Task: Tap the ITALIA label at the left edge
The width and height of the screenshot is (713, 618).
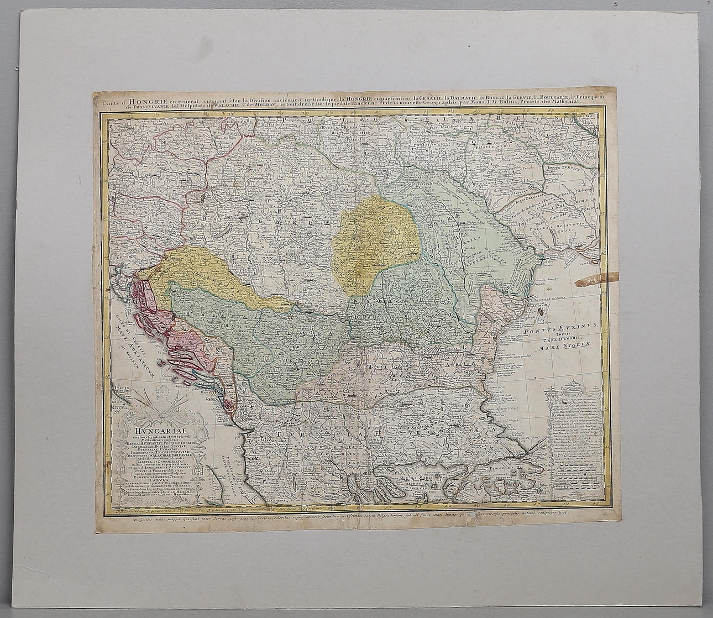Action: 122,389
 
